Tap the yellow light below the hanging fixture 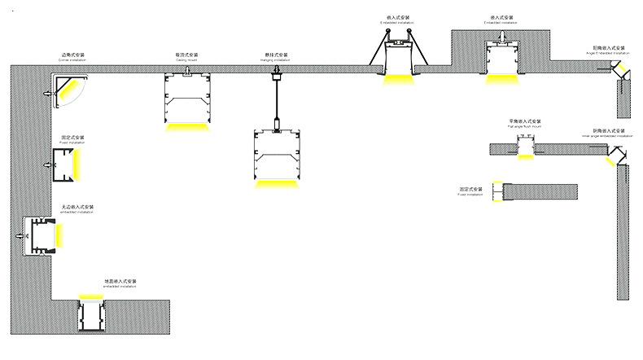(276, 183)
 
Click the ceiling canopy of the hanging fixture (276, 78)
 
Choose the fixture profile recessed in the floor (91, 316)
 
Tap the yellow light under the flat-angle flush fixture (525, 156)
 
